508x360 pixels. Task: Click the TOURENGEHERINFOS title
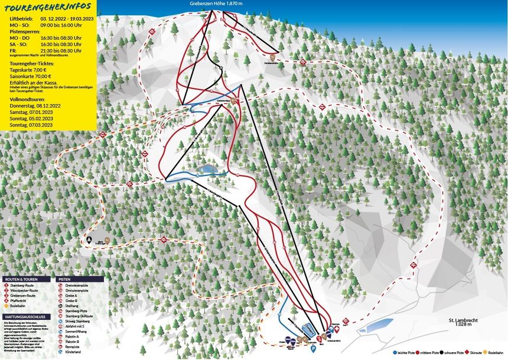click(47, 7)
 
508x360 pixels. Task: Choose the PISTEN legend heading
click(65, 278)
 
